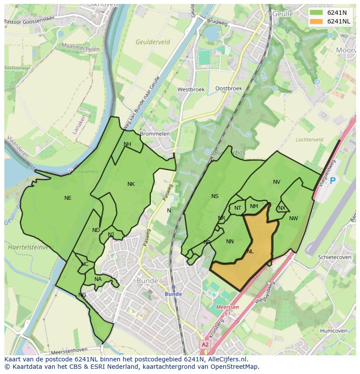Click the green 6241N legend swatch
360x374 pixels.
tap(317, 13)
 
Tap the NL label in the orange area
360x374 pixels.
tap(250, 252)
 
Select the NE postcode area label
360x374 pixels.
tap(68, 198)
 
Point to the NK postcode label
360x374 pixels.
tap(131, 184)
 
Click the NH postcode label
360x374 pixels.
tap(127, 144)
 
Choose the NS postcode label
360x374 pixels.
tap(215, 196)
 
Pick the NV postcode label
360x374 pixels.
tap(277, 182)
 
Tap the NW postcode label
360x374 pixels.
tap(293, 218)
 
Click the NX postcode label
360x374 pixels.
tap(282, 208)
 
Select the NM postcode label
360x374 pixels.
tap(254, 206)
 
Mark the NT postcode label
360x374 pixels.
tap(238, 208)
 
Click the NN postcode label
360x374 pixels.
tap(230, 242)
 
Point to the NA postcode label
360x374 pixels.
tap(98, 279)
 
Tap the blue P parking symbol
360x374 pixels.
tap(333, 181)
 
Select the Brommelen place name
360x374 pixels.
tap(155, 134)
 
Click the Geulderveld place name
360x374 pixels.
tap(153, 42)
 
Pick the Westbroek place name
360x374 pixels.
tap(190, 89)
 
